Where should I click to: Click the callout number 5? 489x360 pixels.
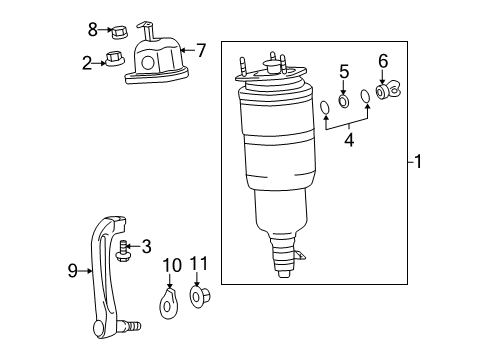[x=343, y=71]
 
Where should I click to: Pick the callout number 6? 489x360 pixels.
[x=381, y=63]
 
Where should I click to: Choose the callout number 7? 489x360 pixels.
[x=200, y=47]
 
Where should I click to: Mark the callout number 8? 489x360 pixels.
[x=92, y=29]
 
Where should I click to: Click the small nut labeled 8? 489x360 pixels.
[x=117, y=30]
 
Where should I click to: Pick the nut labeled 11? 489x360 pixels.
[x=197, y=298]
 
